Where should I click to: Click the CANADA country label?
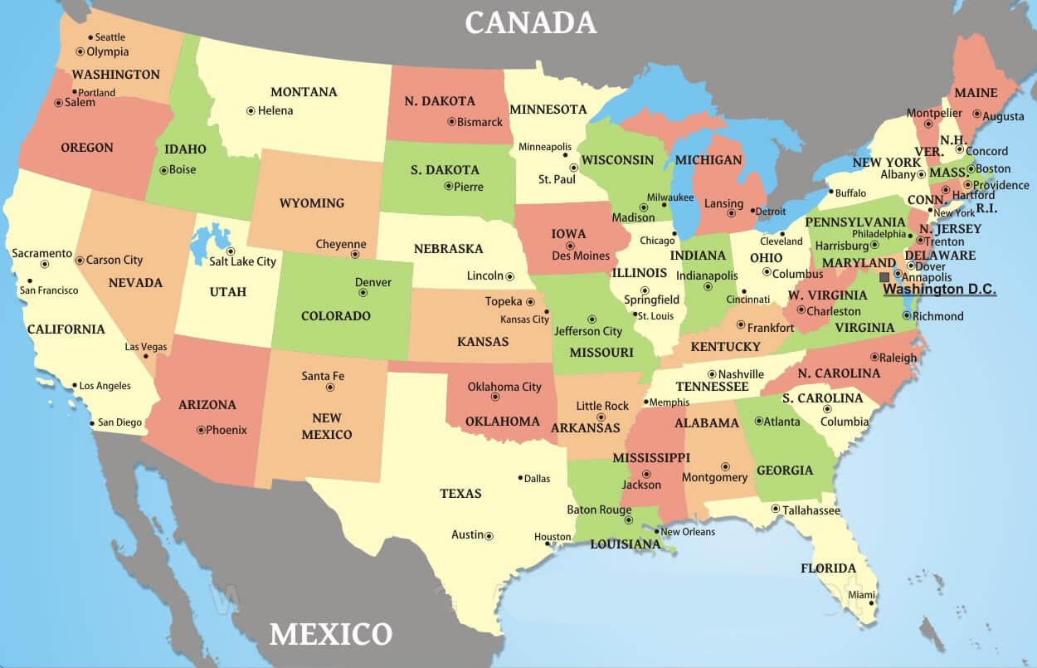click(x=530, y=22)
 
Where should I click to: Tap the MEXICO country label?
click(x=330, y=635)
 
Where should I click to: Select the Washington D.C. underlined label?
click(x=939, y=290)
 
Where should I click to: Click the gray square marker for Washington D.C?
click(x=885, y=277)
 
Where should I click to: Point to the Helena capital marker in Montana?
click(x=251, y=110)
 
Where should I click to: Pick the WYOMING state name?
click(x=311, y=203)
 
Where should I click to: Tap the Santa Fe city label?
click(x=322, y=376)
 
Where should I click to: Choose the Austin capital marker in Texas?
click(x=489, y=536)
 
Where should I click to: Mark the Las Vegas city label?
click(x=145, y=347)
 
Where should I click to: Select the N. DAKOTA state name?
click(x=440, y=101)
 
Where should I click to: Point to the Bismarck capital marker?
click(x=451, y=121)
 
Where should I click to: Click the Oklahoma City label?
click(x=504, y=387)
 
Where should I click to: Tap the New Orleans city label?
click(x=688, y=532)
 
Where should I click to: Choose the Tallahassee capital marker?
click(x=775, y=510)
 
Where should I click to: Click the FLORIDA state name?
click(x=828, y=568)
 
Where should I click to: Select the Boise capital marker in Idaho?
click(x=163, y=170)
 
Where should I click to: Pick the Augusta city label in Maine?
click(x=1003, y=117)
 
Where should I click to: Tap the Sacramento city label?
click(x=42, y=253)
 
